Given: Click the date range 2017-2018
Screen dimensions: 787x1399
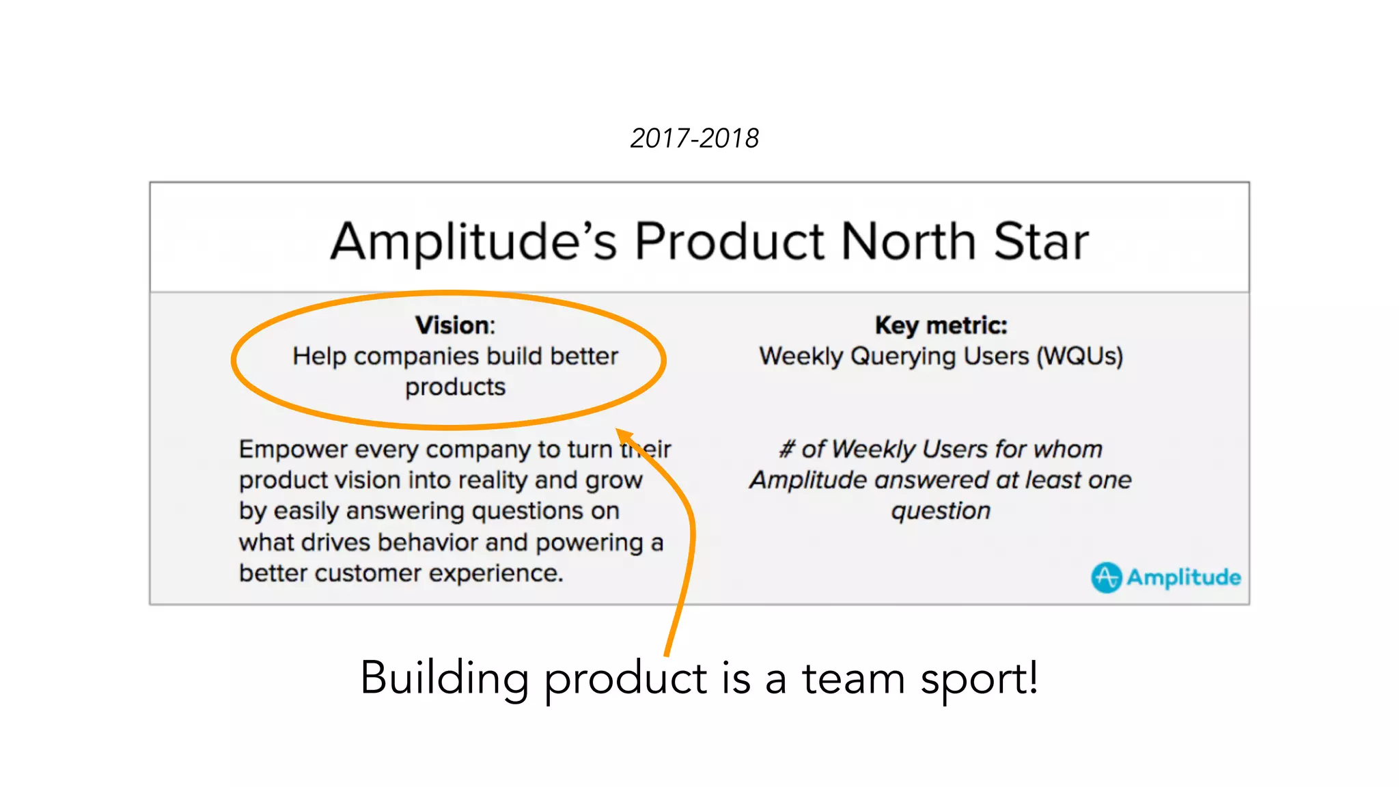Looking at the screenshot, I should [694, 139].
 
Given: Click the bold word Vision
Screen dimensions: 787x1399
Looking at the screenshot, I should [453, 325].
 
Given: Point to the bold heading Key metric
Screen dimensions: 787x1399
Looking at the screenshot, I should [941, 325].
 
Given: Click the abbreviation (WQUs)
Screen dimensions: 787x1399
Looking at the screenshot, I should [1079, 357].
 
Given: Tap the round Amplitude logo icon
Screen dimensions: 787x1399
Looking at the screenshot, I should [1106, 577].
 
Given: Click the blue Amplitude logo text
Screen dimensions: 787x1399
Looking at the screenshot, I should [1183, 577].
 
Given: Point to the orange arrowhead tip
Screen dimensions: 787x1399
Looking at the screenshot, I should [618, 431].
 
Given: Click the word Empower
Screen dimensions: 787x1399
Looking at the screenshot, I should [293, 450].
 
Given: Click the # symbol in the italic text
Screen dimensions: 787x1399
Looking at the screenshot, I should [787, 450].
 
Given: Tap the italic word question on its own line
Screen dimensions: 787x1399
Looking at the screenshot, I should [941, 511].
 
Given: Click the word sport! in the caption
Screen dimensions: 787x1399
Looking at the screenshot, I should [979, 679].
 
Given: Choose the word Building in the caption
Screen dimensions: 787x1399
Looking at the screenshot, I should [445, 679].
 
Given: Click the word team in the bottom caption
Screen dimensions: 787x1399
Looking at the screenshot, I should [853, 679].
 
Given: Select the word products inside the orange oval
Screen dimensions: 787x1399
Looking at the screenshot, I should [455, 387].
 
